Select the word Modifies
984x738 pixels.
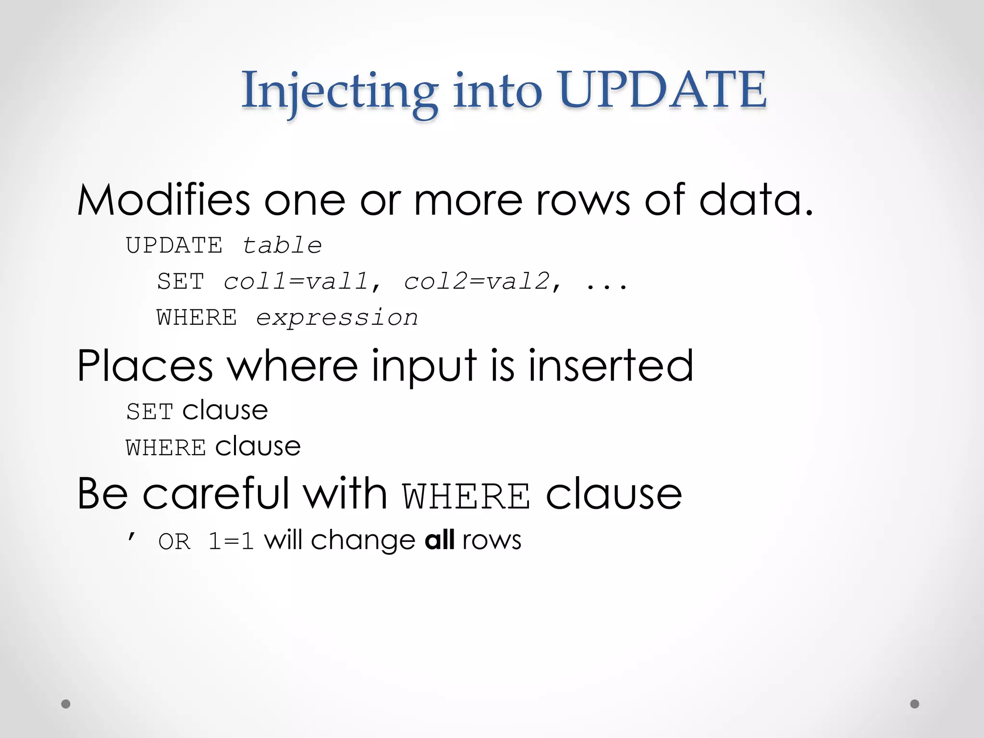(x=164, y=200)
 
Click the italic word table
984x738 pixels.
(x=282, y=246)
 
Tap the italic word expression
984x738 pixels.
(x=337, y=318)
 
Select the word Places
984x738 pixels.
(x=145, y=366)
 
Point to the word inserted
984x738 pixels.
(x=611, y=366)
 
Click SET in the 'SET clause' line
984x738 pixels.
(x=149, y=412)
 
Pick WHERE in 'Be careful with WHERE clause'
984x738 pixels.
(x=467, y=496)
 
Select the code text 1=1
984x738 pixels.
(x=231, y=542)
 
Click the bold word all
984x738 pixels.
(x=440, y=540)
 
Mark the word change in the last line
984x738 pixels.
(x=363, y=541)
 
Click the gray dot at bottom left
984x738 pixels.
(x=66, y=704)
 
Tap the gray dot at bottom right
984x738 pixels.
(x=915, y=704)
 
